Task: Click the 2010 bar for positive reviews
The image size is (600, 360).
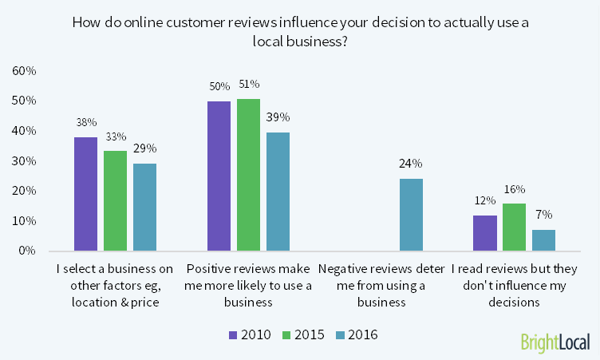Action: [x=219, y=176]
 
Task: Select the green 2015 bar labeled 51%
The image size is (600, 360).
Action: [x=248, y=174]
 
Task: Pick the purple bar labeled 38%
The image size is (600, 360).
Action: [x=86, y=194]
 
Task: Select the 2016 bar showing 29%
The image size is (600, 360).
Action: [x=144, y=207]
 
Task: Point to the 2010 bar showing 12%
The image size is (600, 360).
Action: [x=485, y=232]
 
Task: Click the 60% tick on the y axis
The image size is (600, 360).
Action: [x=25, y=71]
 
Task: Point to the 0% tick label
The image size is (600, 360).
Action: [x=27, y=251]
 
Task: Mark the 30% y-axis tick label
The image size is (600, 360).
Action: [x=25, y=161]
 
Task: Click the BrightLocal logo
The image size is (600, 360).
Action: [x=555, y=342]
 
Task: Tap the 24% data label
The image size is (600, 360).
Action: [x=411, y=164]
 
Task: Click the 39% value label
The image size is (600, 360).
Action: [x=278, y=118]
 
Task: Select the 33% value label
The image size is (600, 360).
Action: [x=116, y=136]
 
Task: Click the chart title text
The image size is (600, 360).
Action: [x=300, y=31]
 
